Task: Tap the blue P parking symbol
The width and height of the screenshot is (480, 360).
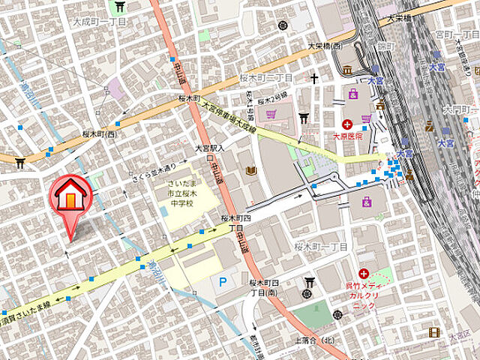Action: [x=222, y=282]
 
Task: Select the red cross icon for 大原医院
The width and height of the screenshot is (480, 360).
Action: [x=348, y=124]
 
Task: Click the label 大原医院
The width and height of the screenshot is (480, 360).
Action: [x=348, y=136]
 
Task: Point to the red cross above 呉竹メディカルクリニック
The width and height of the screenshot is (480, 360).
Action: [x=364, y=274]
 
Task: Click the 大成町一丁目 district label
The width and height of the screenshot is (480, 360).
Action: [x=99, y=22]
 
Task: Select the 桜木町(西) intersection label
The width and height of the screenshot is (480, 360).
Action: [x=100, y=135]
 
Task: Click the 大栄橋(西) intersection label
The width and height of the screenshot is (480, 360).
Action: [x=324, y=46]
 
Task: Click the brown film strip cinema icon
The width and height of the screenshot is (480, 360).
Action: [x=433, y=332]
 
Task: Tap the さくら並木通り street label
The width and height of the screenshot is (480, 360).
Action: [x=154, y=168]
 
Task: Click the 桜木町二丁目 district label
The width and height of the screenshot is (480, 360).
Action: [x=270, y=78]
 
